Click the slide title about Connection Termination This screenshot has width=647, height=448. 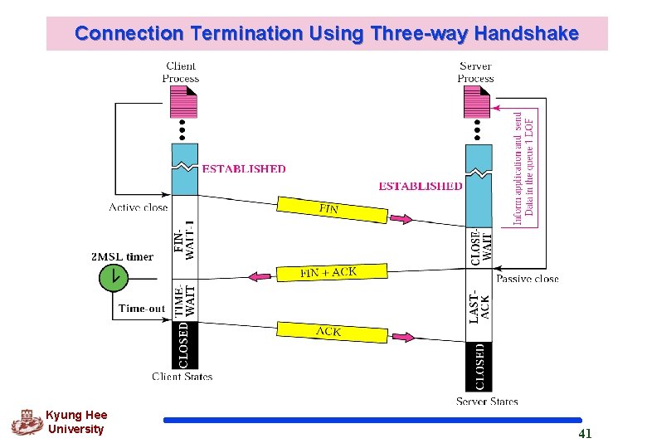click(326, 34)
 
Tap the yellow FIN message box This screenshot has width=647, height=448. click(331, 210)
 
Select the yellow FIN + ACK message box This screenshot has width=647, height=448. click(330, 272)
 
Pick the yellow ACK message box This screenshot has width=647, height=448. click(331, 331)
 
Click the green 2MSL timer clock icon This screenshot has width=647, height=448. click(110, 276)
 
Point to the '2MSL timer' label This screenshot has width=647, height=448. click(122, 256)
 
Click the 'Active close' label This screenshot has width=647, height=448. click(138, 207)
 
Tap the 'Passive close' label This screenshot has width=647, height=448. click(528, 279)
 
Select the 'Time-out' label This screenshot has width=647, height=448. click(142, 308)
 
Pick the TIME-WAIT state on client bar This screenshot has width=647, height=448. click(185, 299)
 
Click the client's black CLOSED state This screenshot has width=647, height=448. click(185, 345)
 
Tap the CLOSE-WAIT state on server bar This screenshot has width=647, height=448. click(479, 246)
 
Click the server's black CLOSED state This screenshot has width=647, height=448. click(479, 366)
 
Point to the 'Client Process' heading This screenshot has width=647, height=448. click(181, 72)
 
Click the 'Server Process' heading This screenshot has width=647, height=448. click(475, 72)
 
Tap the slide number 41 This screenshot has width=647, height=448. click(585, 434)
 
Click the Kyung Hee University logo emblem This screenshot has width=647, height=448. click(26, 422)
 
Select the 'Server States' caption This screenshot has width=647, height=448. click(487, 402)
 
